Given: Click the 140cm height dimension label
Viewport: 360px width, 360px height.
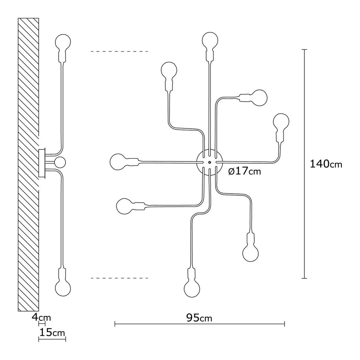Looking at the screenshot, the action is coord(326,164).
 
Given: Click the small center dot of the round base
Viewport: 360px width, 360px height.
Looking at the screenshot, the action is coord(210,162).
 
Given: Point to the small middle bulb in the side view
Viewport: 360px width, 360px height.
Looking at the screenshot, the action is coord(60,162).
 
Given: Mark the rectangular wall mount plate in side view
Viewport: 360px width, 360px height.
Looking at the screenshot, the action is coord(42,163).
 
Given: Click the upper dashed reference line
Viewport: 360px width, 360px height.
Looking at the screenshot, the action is coord(119,51).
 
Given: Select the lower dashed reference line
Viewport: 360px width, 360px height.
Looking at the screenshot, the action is coord(119,278).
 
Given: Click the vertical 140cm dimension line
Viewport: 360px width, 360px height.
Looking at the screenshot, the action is coord(304,164).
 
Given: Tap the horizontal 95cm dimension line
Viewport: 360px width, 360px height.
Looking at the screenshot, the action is coord(200,324).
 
